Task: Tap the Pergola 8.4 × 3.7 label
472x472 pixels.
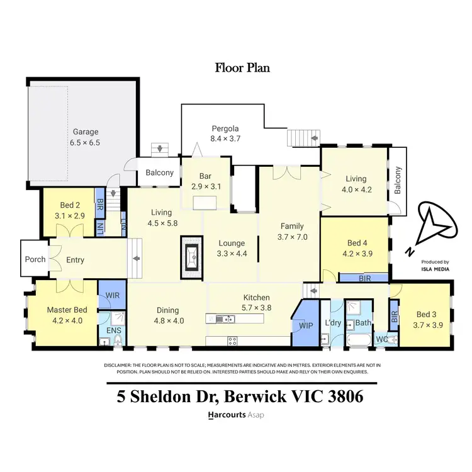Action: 225,133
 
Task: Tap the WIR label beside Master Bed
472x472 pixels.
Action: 113,295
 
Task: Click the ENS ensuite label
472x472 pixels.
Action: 113,329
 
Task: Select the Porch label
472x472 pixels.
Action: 35,259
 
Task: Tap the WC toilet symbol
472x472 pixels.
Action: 392,339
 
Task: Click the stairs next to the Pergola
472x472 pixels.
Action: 304,137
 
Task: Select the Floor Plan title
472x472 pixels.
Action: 242,67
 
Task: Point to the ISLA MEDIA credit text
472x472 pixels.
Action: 435,269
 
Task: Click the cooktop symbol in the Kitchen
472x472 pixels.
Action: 232,341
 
